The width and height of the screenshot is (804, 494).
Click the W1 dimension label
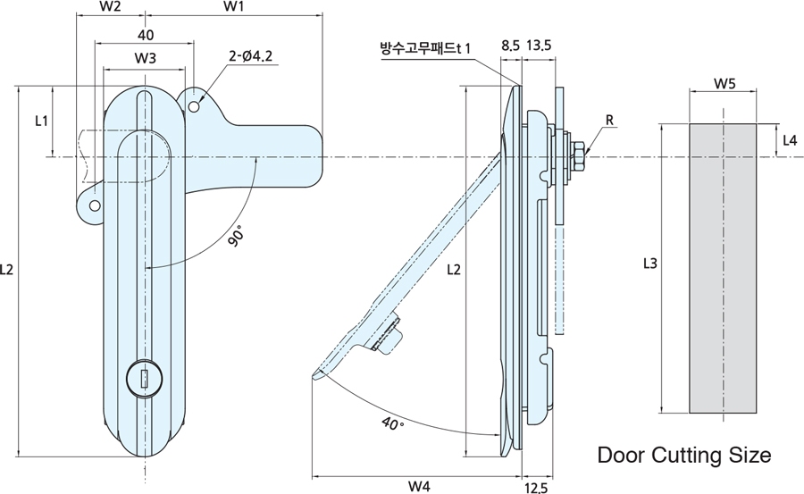click(233, 7)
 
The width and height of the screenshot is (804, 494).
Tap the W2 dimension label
click(111, 7)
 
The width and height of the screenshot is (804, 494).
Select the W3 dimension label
click(147, 58)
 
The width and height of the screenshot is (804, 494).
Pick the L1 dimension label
click(42, 120)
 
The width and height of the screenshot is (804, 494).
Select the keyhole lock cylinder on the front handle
click(143, 377)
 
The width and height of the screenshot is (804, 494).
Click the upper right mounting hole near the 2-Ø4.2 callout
click(195, 106)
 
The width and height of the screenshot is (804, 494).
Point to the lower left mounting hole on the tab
click(93, 205)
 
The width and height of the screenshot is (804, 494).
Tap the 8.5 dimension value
click(510, 45)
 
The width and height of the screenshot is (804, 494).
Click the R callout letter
click(608, 120)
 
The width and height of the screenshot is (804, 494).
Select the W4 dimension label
click(419, 486)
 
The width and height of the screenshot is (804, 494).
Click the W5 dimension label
click(724, 86)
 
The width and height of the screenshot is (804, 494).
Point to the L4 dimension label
click(790, 140)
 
